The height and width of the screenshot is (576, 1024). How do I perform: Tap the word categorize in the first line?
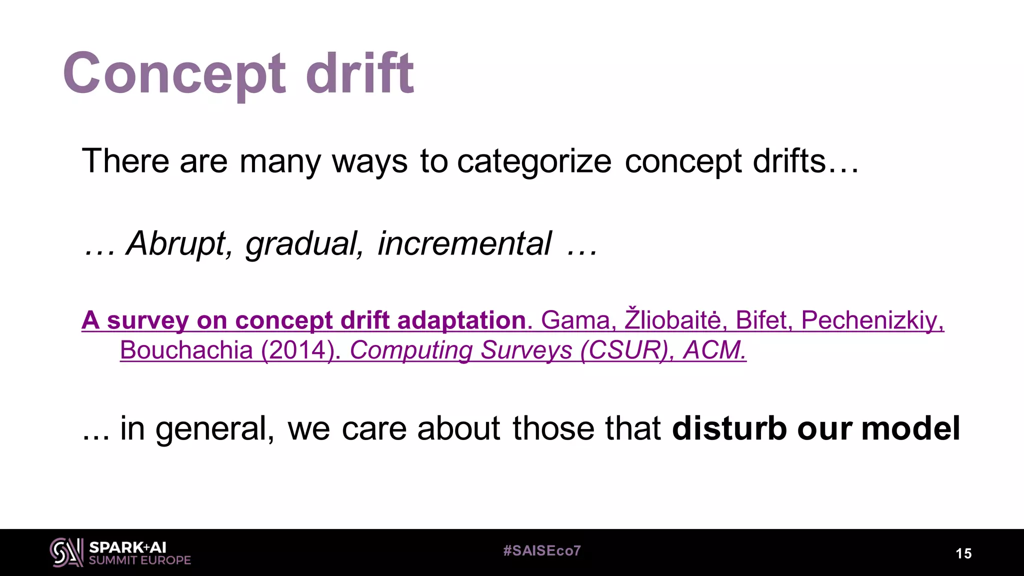click(534, 161)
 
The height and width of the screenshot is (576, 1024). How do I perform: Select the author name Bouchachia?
click(186, 350)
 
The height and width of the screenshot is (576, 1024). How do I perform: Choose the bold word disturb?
click(729, 428)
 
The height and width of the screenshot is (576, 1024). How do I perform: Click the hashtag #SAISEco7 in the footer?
click(542, 551)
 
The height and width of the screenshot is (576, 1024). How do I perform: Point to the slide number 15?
click(963, 553)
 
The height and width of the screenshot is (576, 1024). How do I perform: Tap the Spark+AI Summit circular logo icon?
click(66, 552)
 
